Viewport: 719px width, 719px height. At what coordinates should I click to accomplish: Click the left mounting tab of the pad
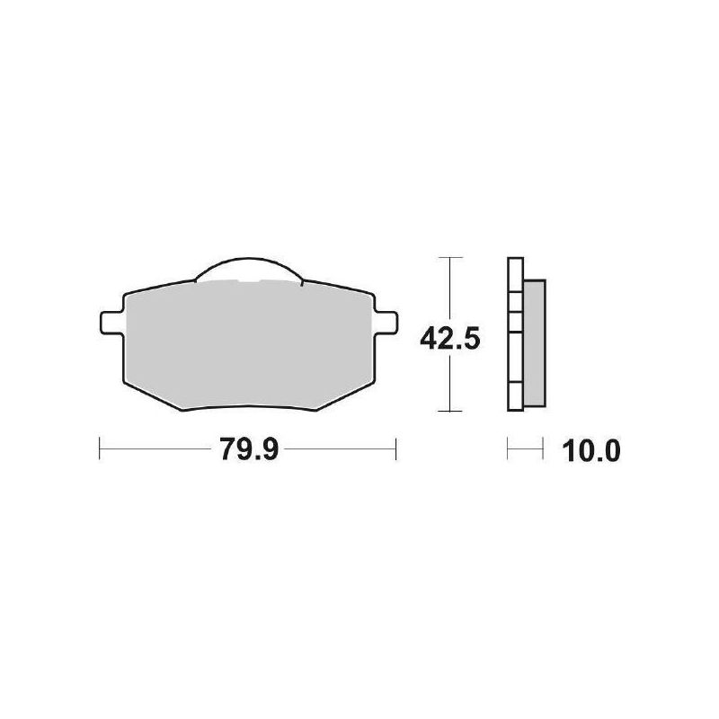(109, 320)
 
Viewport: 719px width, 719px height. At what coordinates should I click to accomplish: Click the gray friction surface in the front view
(247, 346)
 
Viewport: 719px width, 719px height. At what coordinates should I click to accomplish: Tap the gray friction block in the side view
(533, 342)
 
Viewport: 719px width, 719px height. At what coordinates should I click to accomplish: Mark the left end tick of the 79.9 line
(99, 448)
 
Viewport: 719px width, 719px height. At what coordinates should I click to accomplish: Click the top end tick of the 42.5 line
(449, 258)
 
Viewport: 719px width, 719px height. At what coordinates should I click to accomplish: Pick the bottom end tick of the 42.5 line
(449, 411)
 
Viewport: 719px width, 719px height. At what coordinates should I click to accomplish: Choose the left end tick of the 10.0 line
(509, 448)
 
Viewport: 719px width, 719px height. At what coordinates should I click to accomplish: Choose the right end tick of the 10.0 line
(544, 448)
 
